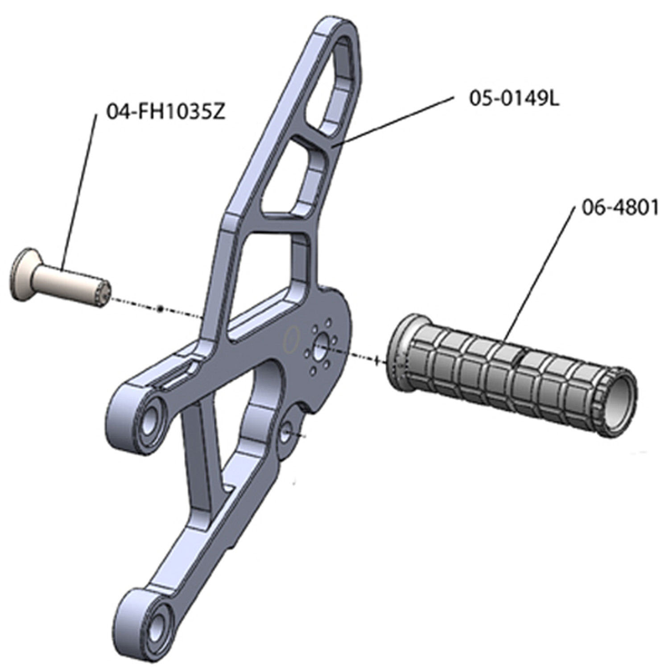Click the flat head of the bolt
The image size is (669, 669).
point(21,273)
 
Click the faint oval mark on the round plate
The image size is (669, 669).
point(290,339)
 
